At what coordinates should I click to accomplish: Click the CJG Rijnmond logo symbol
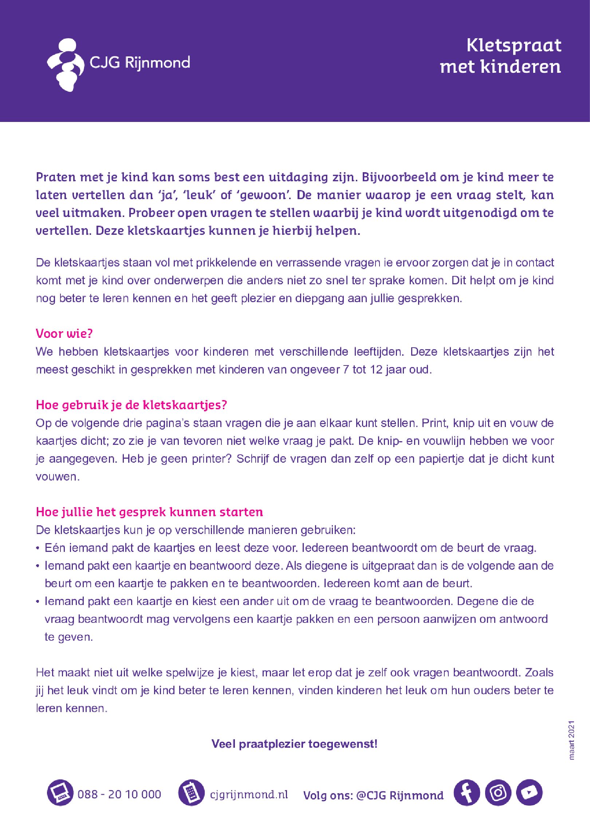66,65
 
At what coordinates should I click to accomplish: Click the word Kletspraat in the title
514,46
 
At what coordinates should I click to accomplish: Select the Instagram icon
498,793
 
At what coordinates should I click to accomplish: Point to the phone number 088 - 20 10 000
119,794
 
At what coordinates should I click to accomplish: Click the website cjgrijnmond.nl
249,794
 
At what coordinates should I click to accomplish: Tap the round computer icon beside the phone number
60,793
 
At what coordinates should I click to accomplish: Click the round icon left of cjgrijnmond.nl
191,793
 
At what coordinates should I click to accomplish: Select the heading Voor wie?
64,333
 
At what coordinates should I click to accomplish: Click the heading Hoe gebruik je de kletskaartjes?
131,405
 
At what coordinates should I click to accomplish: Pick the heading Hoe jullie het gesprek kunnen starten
149,512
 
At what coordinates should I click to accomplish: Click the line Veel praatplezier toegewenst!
294,743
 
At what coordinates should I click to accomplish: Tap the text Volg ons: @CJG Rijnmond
373,795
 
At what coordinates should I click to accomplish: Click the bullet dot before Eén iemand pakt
38,549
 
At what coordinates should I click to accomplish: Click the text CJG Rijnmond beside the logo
140,63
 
